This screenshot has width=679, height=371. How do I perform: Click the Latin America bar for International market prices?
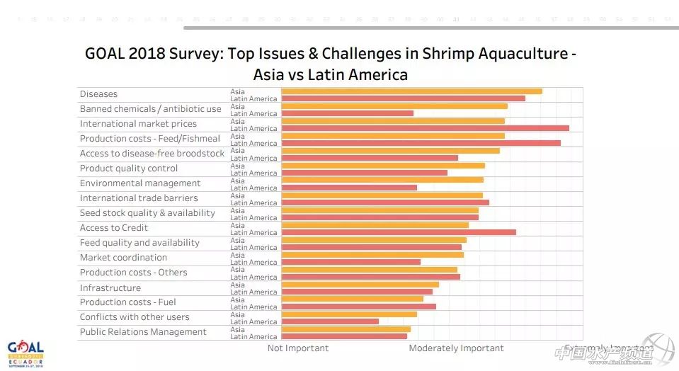tap(425, 128)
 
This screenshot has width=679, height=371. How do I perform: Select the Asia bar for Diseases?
tap(411, 91)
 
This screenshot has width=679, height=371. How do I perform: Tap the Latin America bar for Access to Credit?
tap(399, 232)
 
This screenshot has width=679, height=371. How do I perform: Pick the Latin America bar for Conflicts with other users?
tap(330, 321)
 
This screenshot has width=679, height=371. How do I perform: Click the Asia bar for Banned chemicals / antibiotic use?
tap(394, 106)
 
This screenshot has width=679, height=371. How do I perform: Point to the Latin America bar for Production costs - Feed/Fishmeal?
tap(421, 143)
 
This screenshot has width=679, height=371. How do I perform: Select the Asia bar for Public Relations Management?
tap(346, 329)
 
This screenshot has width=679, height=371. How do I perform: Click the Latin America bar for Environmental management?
tap(349, 188)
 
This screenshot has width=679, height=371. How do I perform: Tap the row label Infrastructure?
tap(110, 287)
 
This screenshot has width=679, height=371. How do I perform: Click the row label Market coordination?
tap(123, 258)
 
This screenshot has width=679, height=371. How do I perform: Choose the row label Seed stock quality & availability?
tap(147, 213)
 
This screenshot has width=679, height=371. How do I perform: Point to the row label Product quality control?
tap(128, 169)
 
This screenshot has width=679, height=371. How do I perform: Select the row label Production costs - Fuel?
tap(127, 302)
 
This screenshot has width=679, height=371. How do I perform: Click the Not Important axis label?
tap(298, 348)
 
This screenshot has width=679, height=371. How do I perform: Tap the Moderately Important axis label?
tap(456, 348)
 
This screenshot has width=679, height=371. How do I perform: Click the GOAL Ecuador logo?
tap(25, 351)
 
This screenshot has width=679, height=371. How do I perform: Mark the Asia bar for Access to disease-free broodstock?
tap(390, 151)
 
